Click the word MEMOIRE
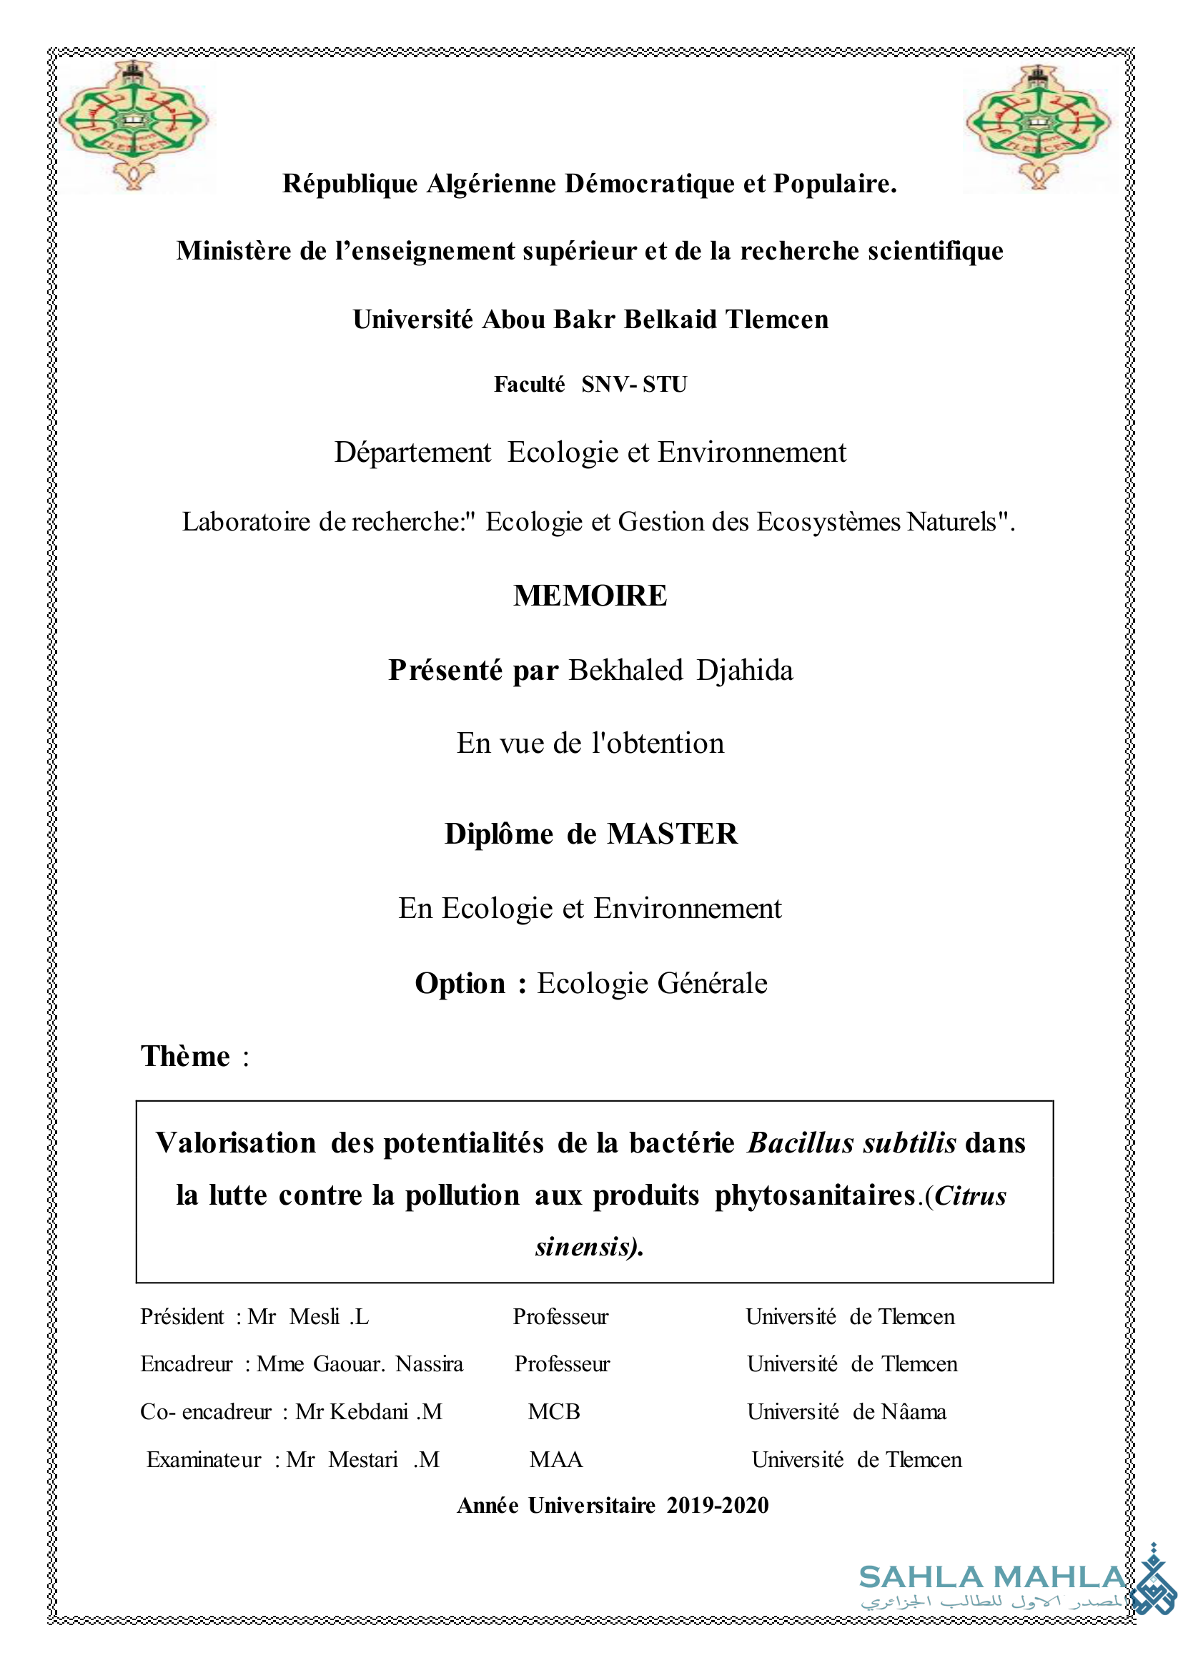pyautogui.click(x=590, y=596)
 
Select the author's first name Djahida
pyautogui.click(x=745, y=671)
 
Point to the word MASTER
pyautogui.click(x=672, y=834)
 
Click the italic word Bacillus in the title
pyautogui.click(x=800, y=1143)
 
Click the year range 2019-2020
pyautogui.click(x=717, y=1506)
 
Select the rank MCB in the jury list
pyautogui.click(x=554, y=1412)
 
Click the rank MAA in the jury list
pyautogui.click(x=556, y=1459)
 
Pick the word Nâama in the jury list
pyautogui.click(x=914, y=1412)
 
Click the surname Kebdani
pyautogui.click(x=369, y=1412)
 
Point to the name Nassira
pyautogui.click(x=429, y=1364)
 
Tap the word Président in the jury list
pyautogui.click(x=182, y=1317)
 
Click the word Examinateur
pyautogui.click(x=203, y=1459)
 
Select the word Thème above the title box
pyautogui.click(x=185, y=1057)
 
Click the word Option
pyautogui.click(x=460, y=984)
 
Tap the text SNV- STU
pyautogui.click(x=634, y=384)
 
